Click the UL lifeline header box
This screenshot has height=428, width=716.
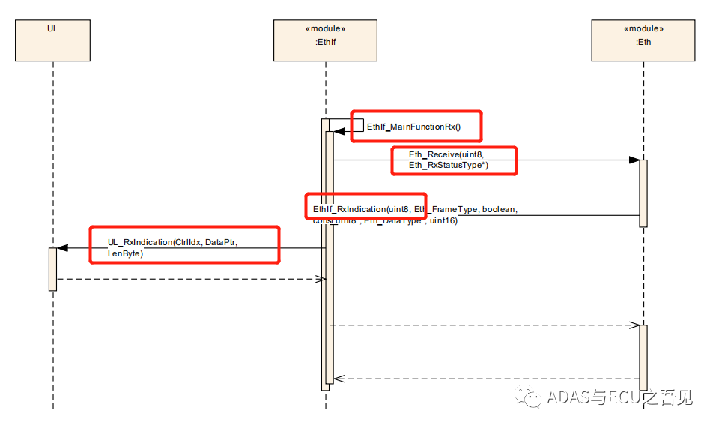point(52,40)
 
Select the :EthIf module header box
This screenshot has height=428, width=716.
point(325,40)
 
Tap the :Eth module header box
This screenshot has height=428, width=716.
point(643,40)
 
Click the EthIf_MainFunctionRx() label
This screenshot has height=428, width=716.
point(413,127)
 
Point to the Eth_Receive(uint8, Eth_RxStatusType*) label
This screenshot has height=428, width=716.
point(448,160)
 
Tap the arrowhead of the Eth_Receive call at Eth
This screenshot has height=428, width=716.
point(634,160)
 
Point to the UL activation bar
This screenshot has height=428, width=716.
point(52,268)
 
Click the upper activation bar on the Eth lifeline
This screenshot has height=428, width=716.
point(643,193)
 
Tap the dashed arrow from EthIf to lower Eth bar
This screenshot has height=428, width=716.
point(483,325)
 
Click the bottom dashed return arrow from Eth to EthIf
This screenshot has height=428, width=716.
point(483,379)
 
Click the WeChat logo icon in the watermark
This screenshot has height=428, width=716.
point(533,397)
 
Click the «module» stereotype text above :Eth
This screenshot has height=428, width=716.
point(643,29)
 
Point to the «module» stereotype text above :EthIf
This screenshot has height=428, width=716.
point(325,29)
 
